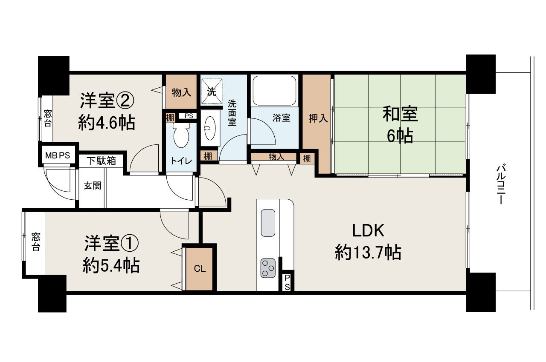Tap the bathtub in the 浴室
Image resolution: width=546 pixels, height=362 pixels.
coord(274,91)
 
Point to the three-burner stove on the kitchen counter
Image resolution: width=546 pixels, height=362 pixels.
coord(267,268)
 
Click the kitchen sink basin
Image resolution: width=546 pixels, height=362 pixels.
coord(268,222)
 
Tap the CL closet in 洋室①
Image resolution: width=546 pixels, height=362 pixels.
coord(200,269)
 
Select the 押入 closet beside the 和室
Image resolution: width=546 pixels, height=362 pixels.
coord(318,119)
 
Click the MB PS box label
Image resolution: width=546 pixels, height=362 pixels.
coord(57,155)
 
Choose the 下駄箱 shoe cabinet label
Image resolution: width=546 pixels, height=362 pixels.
coord(102,161)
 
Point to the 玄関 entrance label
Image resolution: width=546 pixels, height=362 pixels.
coord(92,186)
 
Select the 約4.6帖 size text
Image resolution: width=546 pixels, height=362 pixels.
coord(107,124)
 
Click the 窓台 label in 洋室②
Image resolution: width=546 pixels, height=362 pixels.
coord(47,118)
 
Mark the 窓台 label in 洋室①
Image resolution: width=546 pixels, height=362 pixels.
coord(35,241)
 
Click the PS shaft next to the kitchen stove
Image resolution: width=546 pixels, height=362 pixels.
coord(287,282)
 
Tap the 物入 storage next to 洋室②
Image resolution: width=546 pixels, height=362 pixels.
coord(180,92)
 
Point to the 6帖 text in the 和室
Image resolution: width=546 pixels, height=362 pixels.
coord(399,136)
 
